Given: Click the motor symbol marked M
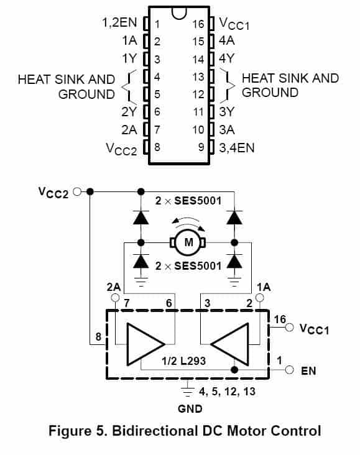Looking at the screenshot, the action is (188, 242).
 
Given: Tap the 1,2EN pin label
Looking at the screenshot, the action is (119, 22).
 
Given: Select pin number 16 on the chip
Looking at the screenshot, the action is (198, 24).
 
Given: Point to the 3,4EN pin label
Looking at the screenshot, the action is (237, 148).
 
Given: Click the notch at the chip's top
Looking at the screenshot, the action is (179, 13).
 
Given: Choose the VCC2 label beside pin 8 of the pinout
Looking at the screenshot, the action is (121, 149).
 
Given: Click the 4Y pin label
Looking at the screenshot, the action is (227, 58).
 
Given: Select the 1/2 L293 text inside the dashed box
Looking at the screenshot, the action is (183, 361).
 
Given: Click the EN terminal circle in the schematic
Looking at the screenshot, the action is (289, 370).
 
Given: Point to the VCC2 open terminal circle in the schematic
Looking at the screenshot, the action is (77, 191).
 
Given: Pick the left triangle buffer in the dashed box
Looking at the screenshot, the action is (145, 344).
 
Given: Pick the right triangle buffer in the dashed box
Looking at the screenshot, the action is (229, 344).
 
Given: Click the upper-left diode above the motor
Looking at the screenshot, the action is (141, 218).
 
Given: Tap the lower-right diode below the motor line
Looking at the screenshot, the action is (234, 261).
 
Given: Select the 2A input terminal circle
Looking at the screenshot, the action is (115, 298).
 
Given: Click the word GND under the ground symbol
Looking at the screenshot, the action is (190, 408).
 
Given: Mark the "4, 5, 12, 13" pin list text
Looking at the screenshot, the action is (227, 392).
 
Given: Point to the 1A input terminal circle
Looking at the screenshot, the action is (259, 298).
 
